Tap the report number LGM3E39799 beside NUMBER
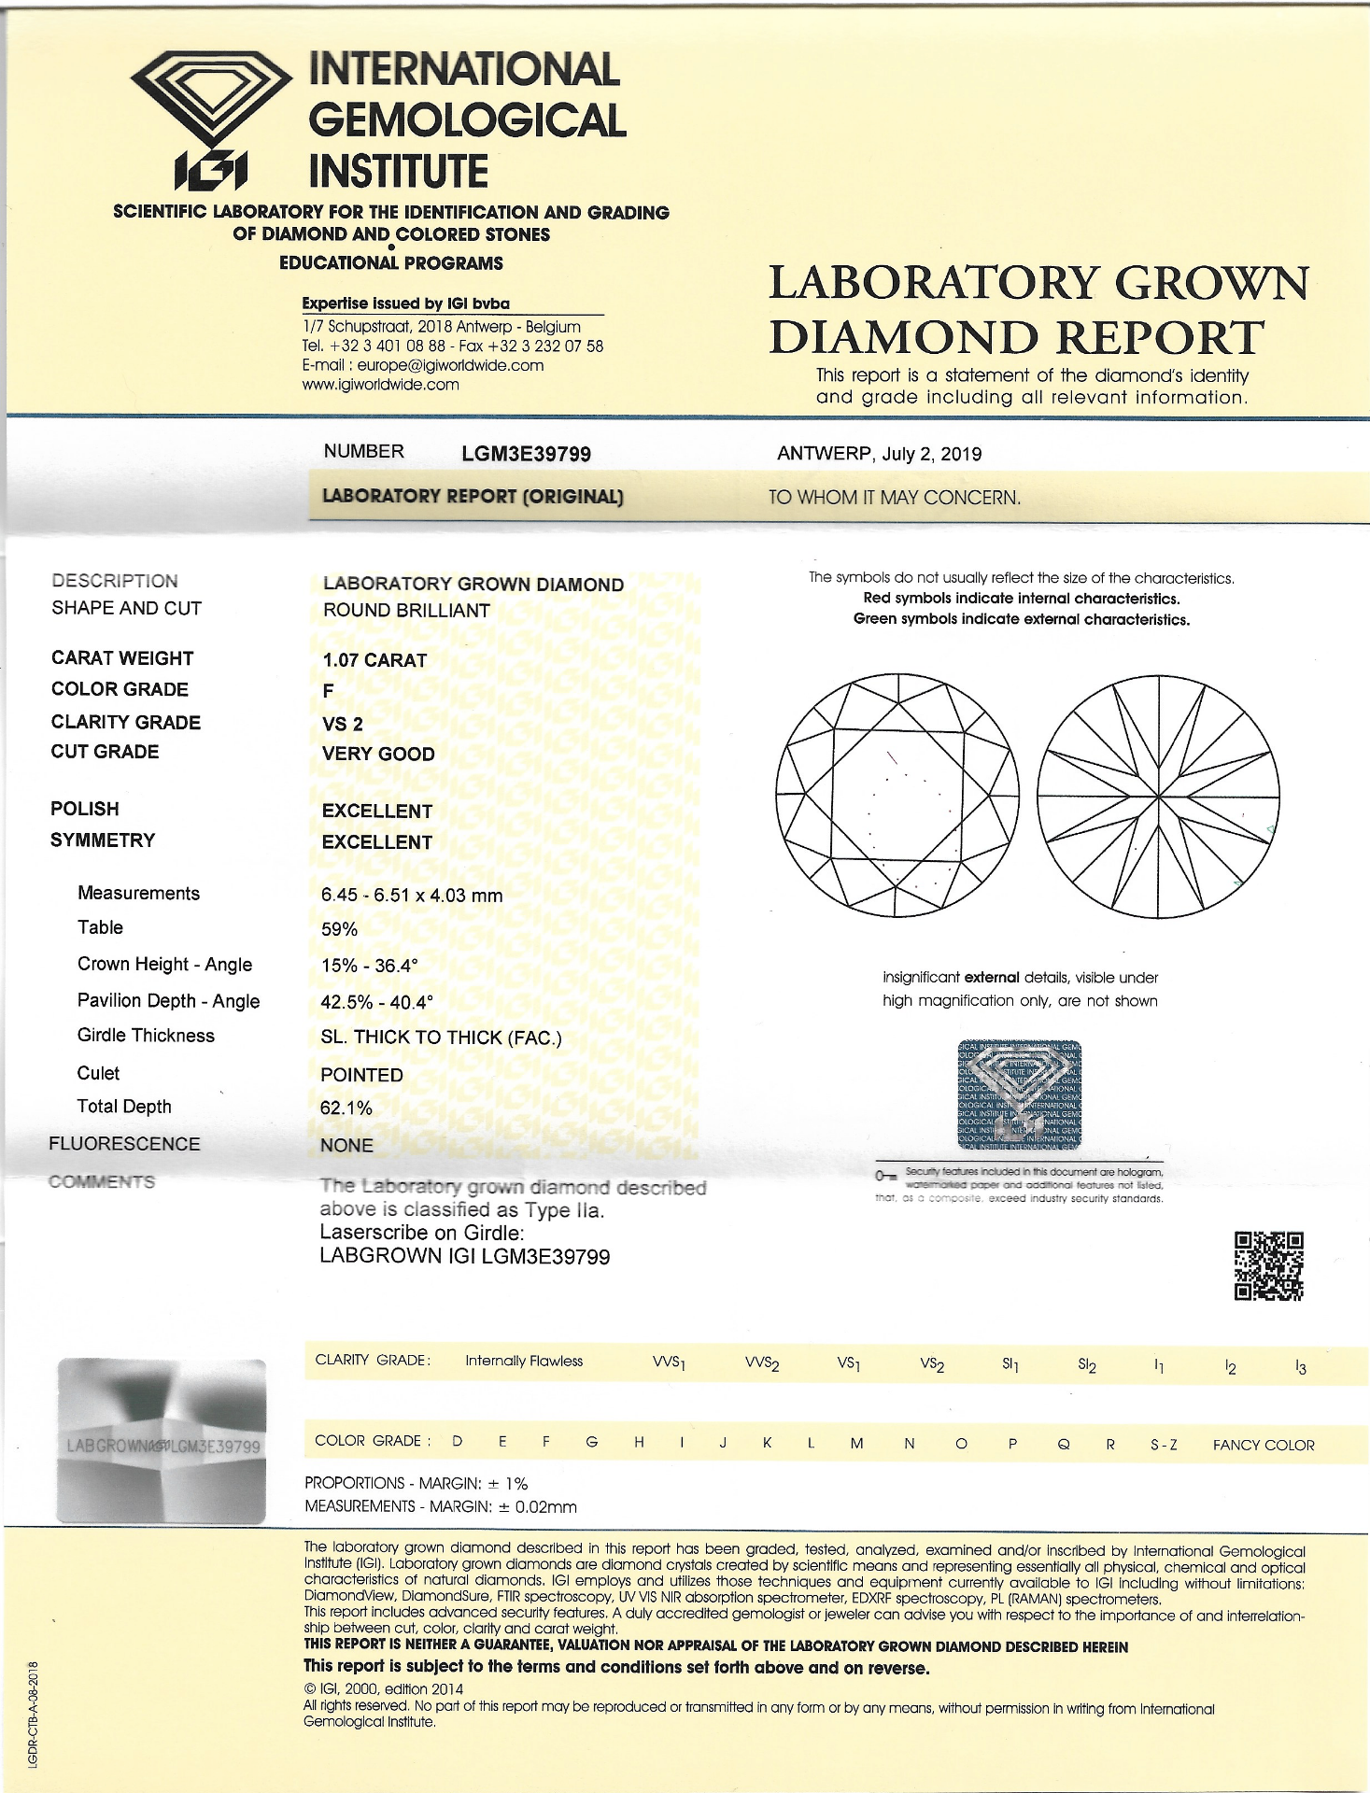point(526,454)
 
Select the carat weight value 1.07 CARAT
point(374,660)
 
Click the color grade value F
point(328,691)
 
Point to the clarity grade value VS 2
point(342,724)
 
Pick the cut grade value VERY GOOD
point(378,754)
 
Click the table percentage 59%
point(339,929)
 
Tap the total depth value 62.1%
point(346,1108)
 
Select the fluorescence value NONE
point(346,1145)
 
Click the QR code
point(1268,1265)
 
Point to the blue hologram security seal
point(1019,1094)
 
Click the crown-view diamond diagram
point(897,796)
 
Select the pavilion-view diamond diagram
point(1158,796)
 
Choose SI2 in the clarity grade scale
point(1087,1364)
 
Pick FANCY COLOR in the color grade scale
point(1263,1445)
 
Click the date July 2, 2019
point(931,454)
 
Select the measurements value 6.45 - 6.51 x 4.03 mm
point(412,895)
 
